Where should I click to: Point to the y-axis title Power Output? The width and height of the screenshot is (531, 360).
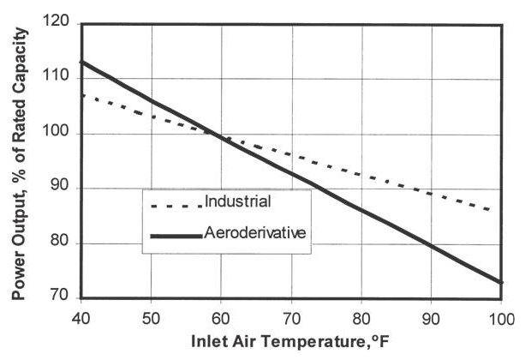click(x=19, y=163)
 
